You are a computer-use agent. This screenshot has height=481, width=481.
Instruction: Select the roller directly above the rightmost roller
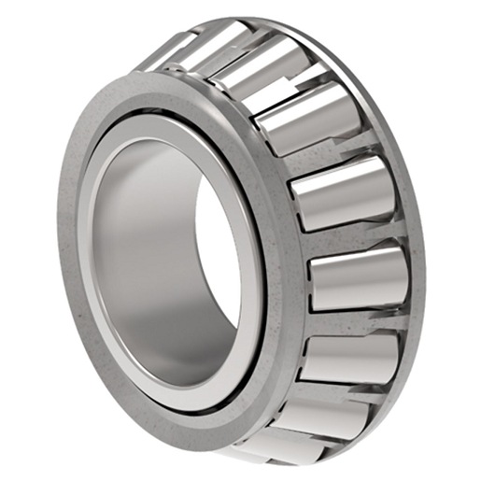[341, 191]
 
